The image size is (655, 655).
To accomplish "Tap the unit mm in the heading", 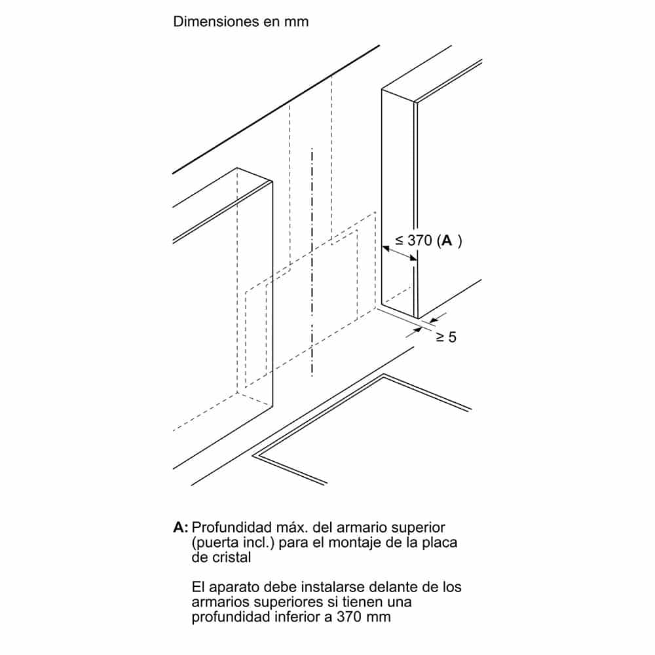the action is (x=296, y=22).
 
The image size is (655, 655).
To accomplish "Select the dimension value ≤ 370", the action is (x=413, y=240).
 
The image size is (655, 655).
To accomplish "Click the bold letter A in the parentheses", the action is (x=447, y=240).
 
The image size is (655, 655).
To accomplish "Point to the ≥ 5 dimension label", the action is (x=446, y=337).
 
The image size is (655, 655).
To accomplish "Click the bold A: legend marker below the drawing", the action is (x=181, y=527).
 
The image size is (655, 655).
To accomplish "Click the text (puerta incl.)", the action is (x=233, y=542).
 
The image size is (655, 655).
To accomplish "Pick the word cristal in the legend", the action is (x=231, y=557).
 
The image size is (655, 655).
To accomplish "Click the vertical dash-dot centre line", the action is (x=312, y=263).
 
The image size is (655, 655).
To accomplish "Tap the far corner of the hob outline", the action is (x=383, y=375).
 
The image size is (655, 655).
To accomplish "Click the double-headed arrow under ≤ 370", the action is (x=400, y=253).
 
